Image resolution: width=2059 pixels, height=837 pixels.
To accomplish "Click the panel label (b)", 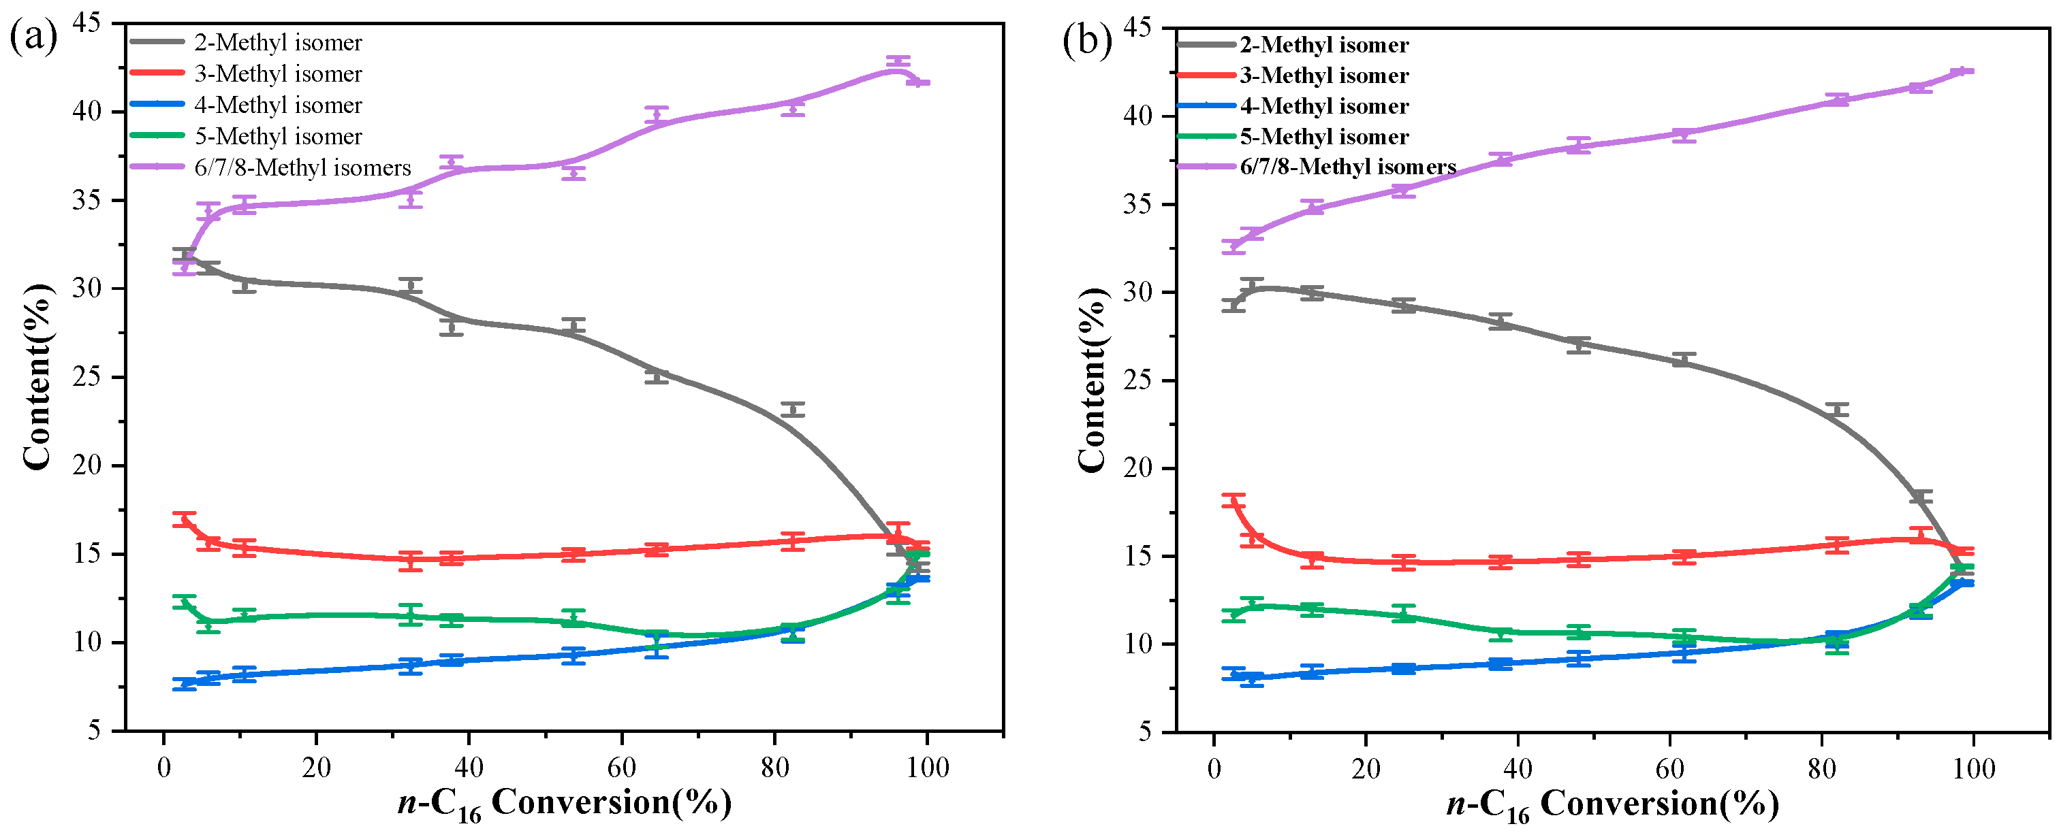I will point(1086,39).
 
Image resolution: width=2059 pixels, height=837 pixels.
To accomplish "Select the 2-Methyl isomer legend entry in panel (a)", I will point(277,42).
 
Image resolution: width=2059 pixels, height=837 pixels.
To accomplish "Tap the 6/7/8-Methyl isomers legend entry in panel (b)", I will point(1348,167).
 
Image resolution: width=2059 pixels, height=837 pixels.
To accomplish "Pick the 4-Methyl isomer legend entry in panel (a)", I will point(277,105).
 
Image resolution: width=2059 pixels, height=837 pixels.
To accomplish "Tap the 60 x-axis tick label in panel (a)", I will point(621,768).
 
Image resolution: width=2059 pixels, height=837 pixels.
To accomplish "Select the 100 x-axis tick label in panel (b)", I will point(1972,769).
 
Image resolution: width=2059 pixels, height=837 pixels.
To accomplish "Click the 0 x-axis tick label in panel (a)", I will point(164,768).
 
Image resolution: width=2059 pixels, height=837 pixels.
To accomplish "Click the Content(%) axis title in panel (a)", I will point(37,377).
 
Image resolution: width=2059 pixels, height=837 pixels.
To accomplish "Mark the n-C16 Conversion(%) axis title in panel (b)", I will point(1612,804).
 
